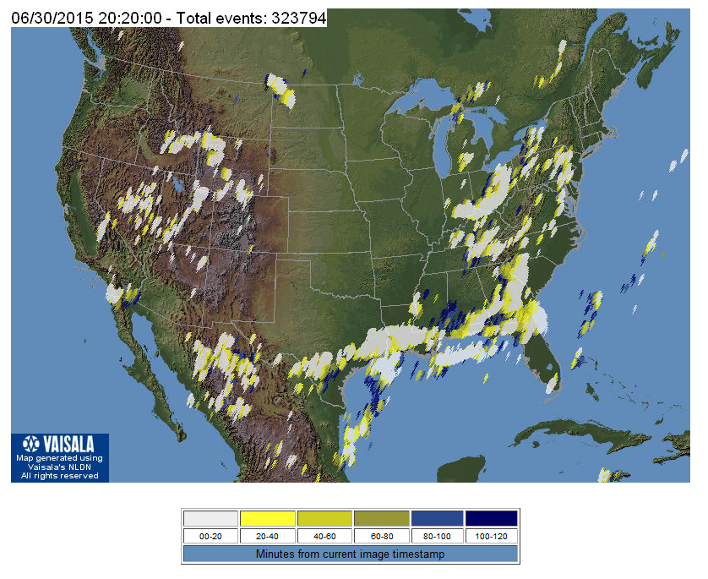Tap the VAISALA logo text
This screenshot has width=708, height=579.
click(68, 444)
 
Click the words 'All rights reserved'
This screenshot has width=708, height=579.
click(60, 476)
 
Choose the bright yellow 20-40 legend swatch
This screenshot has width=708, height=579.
click(267, 518)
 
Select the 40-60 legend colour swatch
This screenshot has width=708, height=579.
click(324, 518)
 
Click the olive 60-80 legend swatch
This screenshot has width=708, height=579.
click(379, 518)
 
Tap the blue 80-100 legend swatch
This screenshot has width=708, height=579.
click(436, 518)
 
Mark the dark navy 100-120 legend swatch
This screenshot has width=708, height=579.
click(491, 518)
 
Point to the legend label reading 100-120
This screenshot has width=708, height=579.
click(491, 536)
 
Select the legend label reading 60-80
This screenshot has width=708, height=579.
click(379, 536)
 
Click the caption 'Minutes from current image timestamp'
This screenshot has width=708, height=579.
click(351, 554)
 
